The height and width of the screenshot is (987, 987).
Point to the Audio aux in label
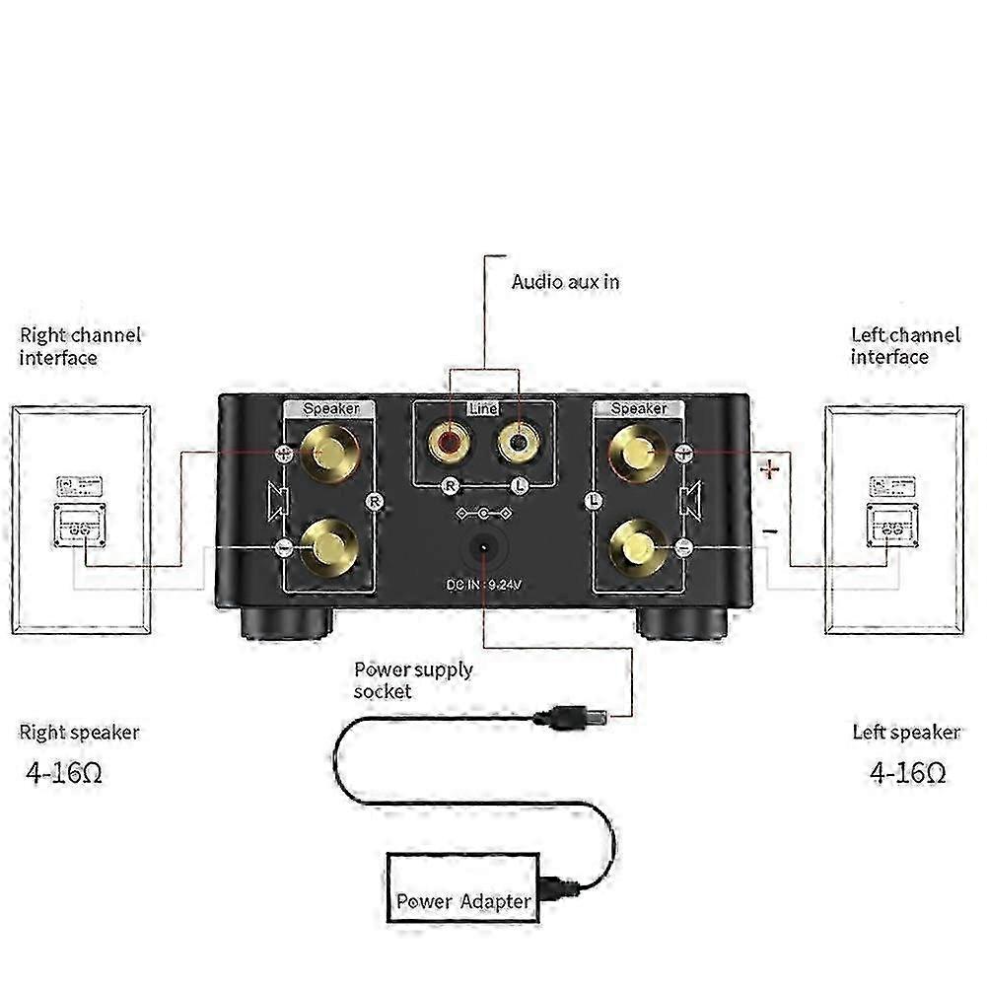pyautogui.click(x=565, y=282)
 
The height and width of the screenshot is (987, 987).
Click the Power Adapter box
pyautogui.click(x=463, y=899)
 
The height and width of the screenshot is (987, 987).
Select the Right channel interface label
pyautogui.click(x=80, y=345)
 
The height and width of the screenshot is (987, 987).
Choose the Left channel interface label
pyautogui.click(x=904, y=345)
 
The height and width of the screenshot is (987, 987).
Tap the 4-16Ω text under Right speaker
pyautogui.click(x=64, y=771)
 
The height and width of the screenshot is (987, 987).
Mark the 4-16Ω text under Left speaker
pyautogui.click(x=908, y=771)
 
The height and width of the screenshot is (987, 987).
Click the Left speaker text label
pyautogui.click(x=905, y=733)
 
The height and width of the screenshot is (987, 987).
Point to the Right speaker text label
pyautogui.click(x=80, y=733)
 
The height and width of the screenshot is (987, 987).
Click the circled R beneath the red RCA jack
pyautogui.click(x=451, y=485)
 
